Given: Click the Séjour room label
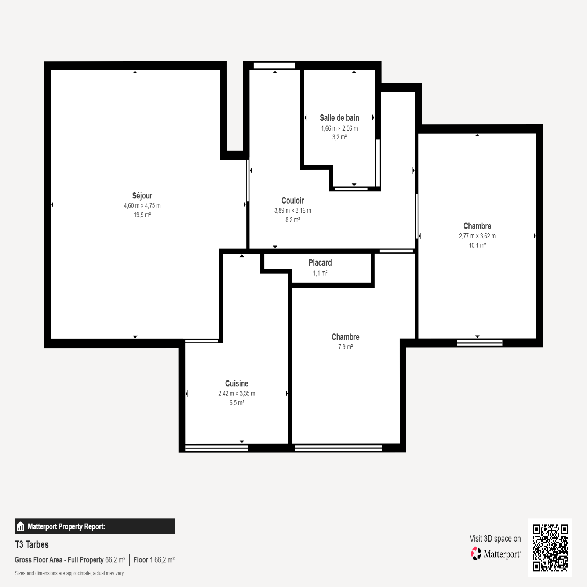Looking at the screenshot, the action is pos(142,196).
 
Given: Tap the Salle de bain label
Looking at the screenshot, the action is pos(339,118).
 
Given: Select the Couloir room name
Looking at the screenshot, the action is pos(292,200).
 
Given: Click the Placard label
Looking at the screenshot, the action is pos(320,263).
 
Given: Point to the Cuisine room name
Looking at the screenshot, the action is pos(237,383).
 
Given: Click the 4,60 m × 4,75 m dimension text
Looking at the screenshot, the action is pos(142,206).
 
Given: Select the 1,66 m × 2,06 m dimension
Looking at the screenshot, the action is pos(339,128).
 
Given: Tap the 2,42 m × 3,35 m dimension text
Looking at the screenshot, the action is pos(237,394).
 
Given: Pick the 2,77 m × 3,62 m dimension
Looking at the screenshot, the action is pos(477,236).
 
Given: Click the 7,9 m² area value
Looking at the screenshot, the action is pos(345,347).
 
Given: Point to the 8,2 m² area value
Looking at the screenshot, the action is pos(292,220).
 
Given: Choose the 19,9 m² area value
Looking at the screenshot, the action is pos(142,215).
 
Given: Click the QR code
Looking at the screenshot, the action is pos(550,547).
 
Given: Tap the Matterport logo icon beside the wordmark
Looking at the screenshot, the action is pos(476,553).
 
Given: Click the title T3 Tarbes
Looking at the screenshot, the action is pos(32,544).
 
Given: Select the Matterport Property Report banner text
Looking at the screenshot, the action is pos(66,526).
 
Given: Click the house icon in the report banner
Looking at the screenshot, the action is pos(21,526).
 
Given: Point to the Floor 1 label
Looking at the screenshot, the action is pos(143,560).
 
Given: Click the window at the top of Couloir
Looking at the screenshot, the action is pos(274,66).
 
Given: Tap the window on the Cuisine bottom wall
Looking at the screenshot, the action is pos(216,448).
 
